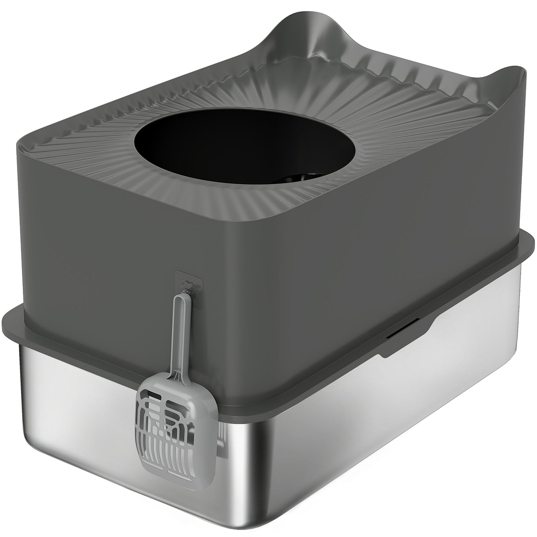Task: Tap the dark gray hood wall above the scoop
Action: [x=117, y=252]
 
